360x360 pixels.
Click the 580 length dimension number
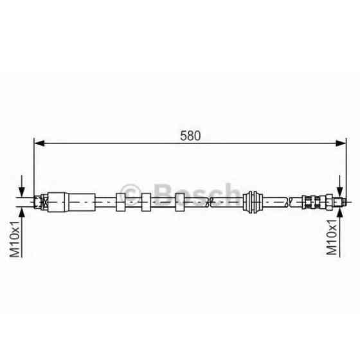point(191,136)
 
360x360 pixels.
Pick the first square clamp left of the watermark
point(121,202)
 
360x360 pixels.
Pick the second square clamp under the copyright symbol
point(145,202)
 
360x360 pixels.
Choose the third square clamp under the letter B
point(181,202)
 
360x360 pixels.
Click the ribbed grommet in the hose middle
point(253,202)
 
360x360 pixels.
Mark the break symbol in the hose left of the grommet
point(209,202)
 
